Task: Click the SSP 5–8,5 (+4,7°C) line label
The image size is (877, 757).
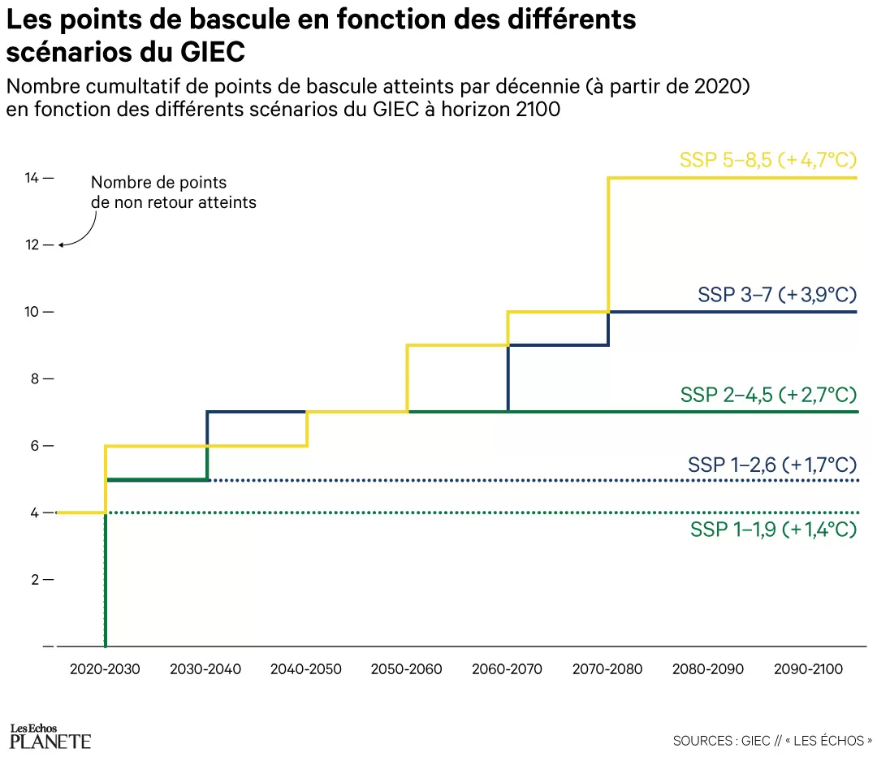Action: [768, 160]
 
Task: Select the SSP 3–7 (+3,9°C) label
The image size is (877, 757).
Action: [777, 295]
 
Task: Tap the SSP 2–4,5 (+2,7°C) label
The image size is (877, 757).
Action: [768, 396]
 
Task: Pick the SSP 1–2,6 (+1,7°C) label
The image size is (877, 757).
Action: [772, 465]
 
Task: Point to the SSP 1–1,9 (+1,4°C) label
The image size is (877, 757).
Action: [773, 530]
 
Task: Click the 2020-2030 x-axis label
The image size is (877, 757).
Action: [105, 670]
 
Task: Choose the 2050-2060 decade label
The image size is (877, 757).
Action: [407, 670]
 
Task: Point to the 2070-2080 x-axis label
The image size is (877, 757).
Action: [607, 670]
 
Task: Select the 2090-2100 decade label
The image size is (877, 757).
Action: [809, 670]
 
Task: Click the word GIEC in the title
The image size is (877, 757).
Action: [204, 52]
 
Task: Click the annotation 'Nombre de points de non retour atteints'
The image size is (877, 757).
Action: [173, 192]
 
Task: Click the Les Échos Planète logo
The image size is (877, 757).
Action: [50, 736]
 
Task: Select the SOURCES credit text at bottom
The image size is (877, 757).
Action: [772, 741]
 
